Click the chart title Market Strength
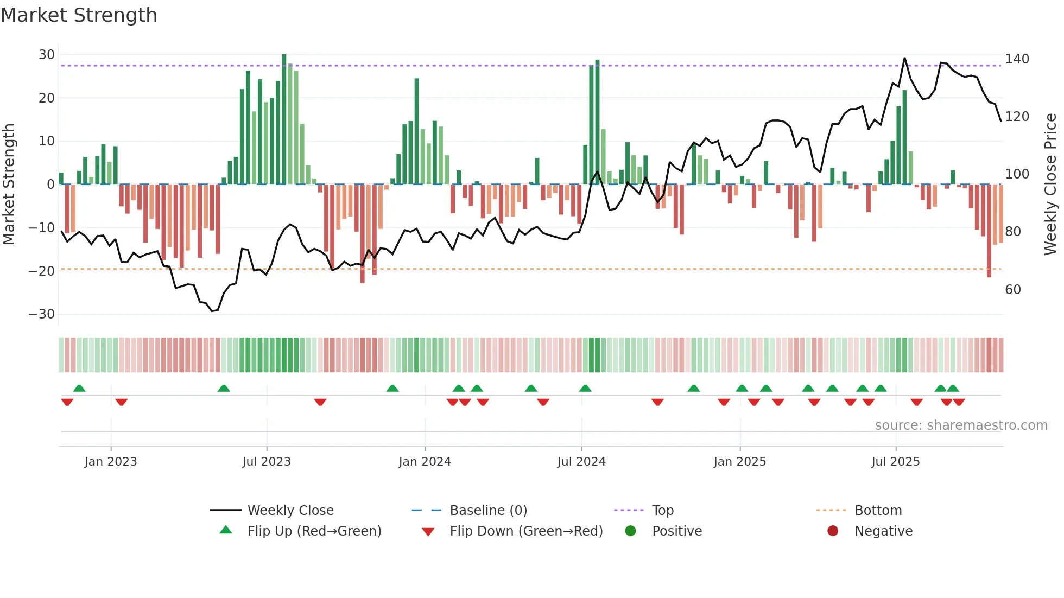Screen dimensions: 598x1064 (x=79, y=15)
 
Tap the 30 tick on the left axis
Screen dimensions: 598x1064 (x=47, y=55)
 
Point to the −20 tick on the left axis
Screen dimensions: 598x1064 (x=42, y=271)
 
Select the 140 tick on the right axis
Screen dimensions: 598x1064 (x=1017, y=59)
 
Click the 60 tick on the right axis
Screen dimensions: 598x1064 (x=1013, y=289)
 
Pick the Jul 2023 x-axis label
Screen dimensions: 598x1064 (x=267, y=462)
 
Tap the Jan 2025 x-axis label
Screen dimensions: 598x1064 (x=739, y=462)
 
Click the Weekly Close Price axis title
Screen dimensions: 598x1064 (x=1050, y=185)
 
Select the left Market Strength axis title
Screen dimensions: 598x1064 (x=9, y=185)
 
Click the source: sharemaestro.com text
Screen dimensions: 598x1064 (x=961, y=425)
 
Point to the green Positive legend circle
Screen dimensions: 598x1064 (x=630, y=531)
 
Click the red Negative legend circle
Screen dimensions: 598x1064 (x=833, y=531)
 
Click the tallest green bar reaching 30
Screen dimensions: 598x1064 (x=284, y=119)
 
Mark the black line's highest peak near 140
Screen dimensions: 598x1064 (x=905, y=58)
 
